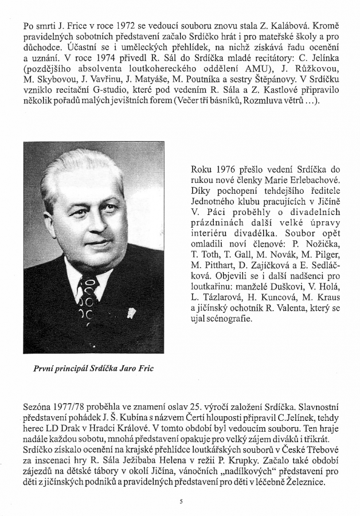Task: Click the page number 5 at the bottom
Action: tap(180, 501)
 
